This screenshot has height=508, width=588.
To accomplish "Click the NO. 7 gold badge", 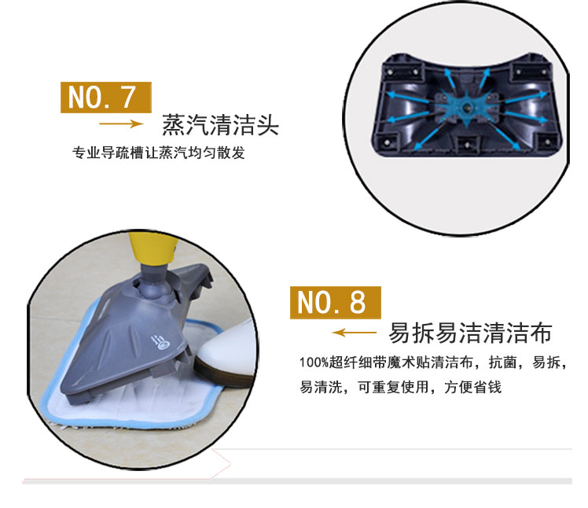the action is (106, 98).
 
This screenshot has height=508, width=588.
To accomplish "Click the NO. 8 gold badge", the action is (335, 303).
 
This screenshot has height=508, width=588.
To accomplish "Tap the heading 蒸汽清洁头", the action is (220, 125).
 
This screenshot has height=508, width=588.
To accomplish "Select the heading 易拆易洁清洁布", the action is (470, 333).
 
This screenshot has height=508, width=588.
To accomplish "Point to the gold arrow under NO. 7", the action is (121, 123).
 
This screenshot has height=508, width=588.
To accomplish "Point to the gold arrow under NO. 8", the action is (355, 333).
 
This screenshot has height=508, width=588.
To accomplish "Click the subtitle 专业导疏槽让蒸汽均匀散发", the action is (159, 153).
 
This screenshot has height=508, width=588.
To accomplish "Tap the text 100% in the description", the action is (314, 363).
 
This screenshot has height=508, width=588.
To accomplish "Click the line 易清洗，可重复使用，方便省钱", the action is (400, 387).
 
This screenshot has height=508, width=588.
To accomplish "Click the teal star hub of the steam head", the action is (466, 107).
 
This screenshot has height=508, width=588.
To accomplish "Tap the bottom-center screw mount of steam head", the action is (467, 145).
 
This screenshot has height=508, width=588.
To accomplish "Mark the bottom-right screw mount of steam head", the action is (547, 142).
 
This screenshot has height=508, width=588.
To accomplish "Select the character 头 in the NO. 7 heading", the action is (267, 125).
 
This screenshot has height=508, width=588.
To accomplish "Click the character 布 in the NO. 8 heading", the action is (541, 333).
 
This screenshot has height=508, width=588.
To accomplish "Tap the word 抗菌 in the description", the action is (503, 363).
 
